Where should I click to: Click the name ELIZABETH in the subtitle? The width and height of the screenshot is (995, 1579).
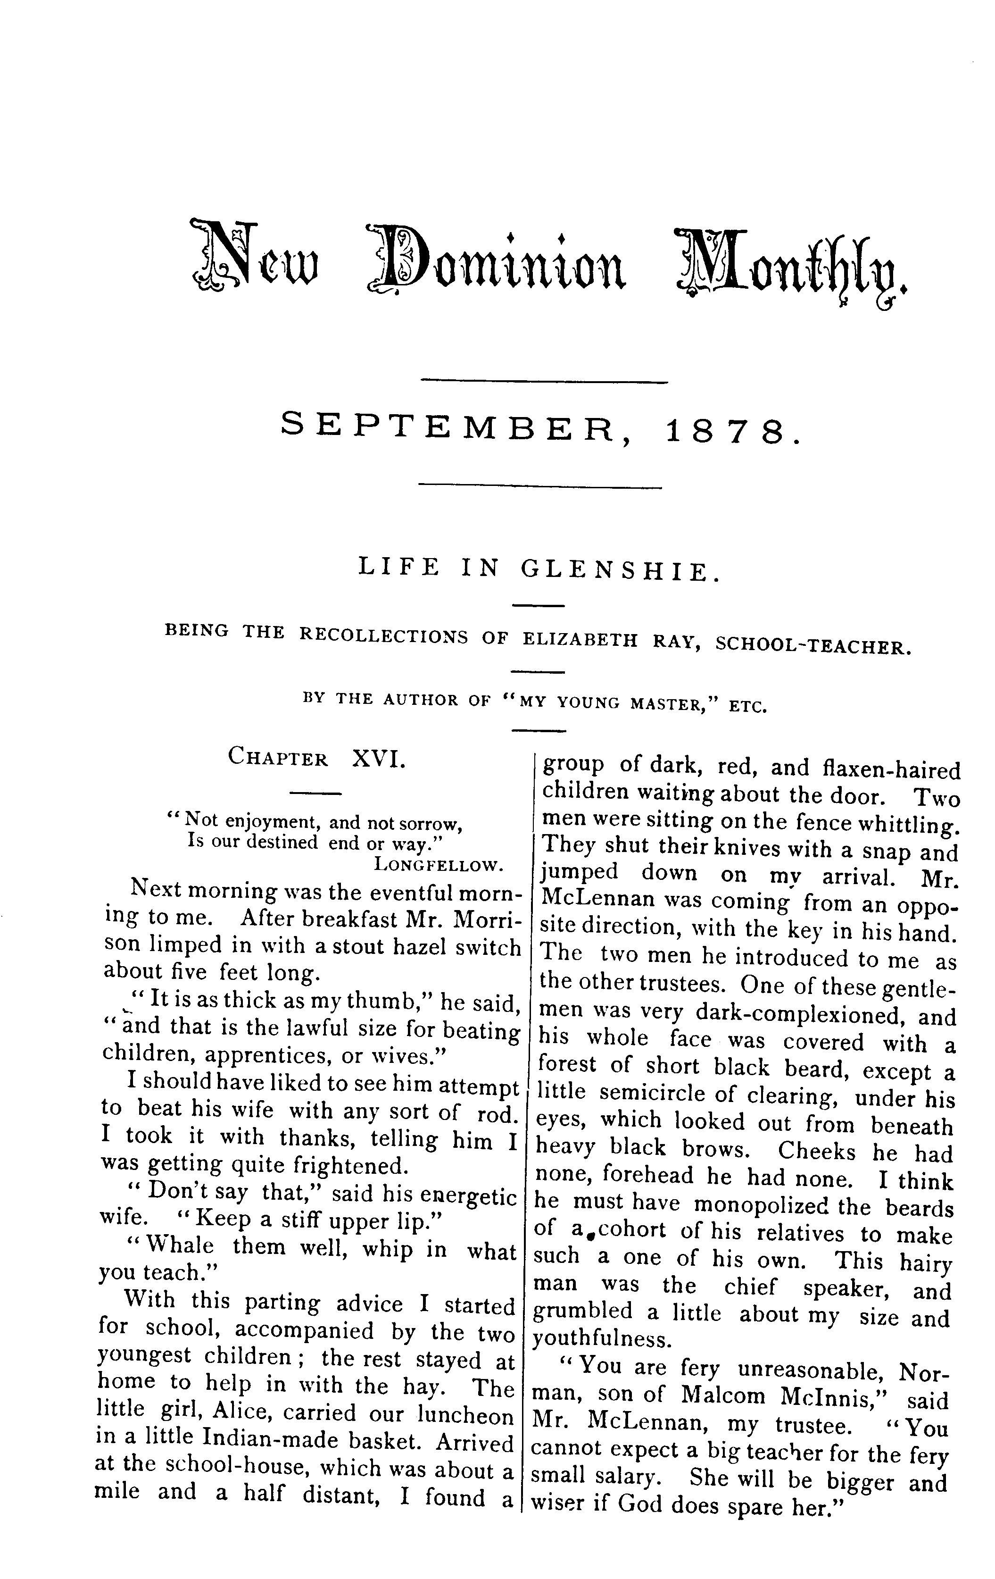(580, 639)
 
